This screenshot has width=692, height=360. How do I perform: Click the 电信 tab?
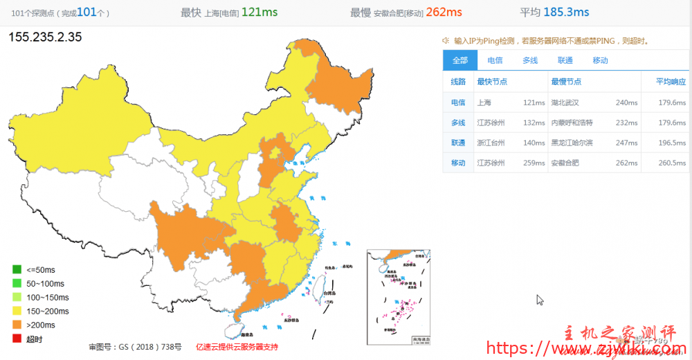pos(495,60)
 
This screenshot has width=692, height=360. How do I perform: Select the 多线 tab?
pos(530,60)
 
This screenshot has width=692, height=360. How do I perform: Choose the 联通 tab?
pos(565,60)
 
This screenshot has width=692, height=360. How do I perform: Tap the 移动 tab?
pos(600,60)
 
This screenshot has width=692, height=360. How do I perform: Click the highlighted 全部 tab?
pos(460,60)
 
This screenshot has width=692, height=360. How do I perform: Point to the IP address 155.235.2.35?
pos(45,37)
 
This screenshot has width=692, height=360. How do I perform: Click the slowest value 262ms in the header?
pos(444,12)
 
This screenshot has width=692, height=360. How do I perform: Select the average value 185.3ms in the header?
pos(566,12)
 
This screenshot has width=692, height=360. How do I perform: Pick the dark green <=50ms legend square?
pos(16,269)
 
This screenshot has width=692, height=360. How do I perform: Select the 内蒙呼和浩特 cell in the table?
pos(572,123)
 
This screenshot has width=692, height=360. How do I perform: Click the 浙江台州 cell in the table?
pos(491,143)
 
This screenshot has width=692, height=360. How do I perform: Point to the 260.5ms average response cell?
pos(672,163)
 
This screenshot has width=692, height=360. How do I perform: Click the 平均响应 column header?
pos(671,82)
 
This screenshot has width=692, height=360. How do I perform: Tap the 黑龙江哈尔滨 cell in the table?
pos(572,143)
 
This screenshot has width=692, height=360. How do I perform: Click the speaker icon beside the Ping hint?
pos(446,41)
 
